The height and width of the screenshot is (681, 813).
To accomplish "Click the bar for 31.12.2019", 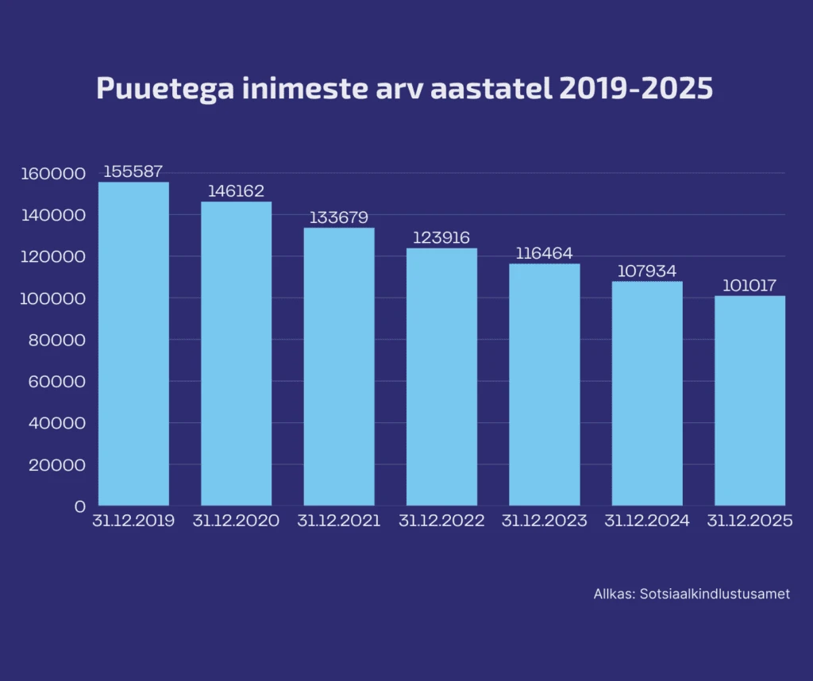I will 133,344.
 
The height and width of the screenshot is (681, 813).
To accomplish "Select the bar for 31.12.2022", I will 441,377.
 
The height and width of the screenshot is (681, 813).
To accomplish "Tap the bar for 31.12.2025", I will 749,401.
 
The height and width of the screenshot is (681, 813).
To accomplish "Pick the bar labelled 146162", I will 236,353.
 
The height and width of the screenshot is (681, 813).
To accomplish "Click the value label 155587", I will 133,171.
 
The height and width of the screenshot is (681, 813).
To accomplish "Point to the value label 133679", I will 339,217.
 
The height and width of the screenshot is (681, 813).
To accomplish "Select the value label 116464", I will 544,253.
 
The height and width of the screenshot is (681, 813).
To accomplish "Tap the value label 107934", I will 647,271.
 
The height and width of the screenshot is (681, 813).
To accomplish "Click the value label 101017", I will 749,286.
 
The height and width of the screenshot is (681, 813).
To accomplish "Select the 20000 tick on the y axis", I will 56,464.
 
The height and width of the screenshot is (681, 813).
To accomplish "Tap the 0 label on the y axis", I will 79,506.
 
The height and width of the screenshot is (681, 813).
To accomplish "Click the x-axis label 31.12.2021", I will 339,521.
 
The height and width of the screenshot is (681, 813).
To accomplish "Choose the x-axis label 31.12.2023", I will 544,521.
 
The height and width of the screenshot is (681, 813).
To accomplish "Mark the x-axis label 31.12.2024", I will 647,521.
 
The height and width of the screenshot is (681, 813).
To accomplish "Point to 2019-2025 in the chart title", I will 636,88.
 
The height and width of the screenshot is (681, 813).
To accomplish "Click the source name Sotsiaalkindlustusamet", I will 715,594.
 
